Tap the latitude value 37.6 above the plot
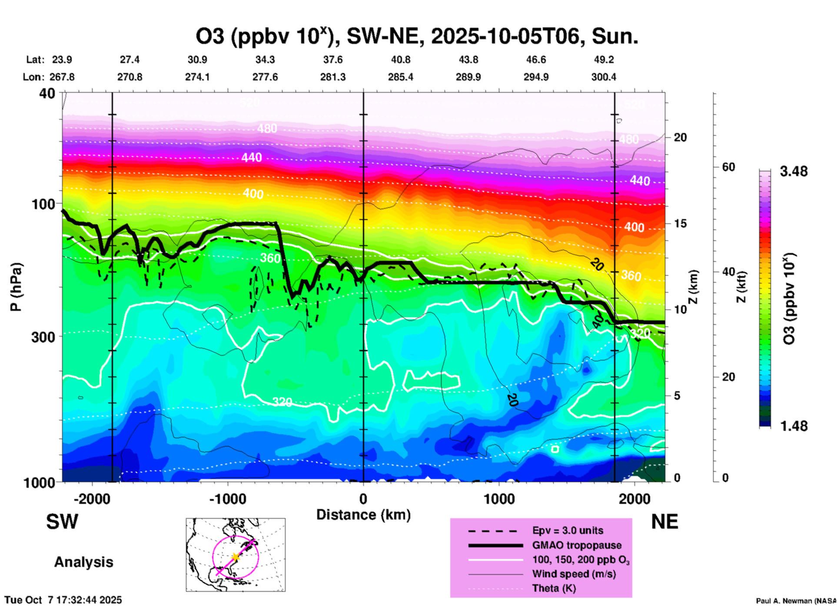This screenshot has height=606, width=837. [332, 60]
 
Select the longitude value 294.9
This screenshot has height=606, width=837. [535, 77]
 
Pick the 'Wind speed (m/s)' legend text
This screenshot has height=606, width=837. [574, 574]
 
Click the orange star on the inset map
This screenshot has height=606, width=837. [235, 557]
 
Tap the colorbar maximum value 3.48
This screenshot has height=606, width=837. [794, 171]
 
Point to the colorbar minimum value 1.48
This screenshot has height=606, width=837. [794, 426]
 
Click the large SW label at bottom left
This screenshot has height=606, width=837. [62, 522]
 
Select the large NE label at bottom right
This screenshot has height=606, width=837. [664, 522]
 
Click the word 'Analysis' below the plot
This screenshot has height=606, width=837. [83, 562]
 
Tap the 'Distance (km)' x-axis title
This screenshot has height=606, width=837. [363, 515]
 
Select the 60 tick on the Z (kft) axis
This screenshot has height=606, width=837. [728, 167]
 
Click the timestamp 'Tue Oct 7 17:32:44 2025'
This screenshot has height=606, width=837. [63, 600]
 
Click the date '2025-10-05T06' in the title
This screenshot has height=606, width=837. [506, 37]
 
